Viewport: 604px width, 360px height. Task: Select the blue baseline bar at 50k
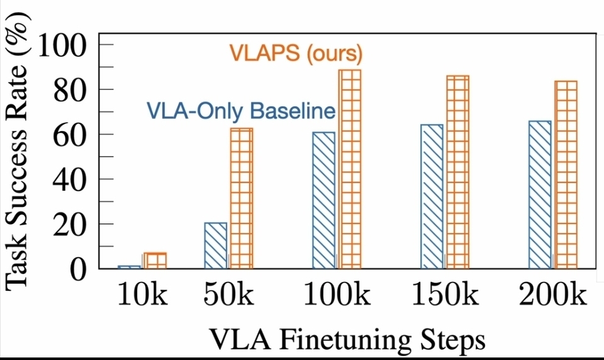tap(216, 245)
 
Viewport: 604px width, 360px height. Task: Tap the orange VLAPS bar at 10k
tap(155, 261)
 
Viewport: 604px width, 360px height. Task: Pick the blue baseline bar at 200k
tap(540, 194)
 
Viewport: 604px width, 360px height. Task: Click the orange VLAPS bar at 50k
tap(241, 198)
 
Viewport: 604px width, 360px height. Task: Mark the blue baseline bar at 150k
tap(432, 196)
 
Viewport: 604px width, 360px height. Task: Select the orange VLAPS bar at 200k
tap(566, 174)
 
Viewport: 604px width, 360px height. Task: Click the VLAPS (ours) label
tap(296, 53)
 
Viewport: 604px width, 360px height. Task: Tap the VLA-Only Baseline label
tap(240, 111)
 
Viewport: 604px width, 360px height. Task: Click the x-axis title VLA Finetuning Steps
tap(347, 340)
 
